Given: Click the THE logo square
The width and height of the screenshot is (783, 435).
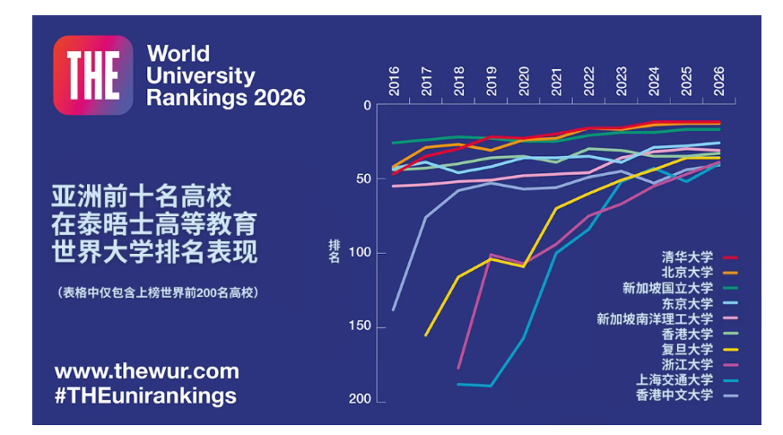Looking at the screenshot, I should [92, 74].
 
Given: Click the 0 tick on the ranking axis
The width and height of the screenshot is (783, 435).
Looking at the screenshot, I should [366, 106].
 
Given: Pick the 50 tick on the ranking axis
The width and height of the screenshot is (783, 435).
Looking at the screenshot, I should [362, 179].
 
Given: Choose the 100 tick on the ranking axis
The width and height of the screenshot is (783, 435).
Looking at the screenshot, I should [359, 254].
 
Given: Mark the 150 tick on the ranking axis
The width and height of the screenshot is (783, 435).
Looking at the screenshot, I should [359, 327].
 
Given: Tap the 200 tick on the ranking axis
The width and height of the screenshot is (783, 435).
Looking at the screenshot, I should [359, 401].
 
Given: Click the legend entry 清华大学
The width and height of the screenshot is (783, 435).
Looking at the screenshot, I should [687, 257].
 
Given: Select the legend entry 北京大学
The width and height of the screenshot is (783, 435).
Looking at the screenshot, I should [687, 273].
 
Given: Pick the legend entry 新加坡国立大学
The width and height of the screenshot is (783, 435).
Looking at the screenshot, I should [667, 288].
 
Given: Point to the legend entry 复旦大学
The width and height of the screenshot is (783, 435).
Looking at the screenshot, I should [687, 349].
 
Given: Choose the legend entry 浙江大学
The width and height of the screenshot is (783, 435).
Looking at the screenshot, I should [687, 364].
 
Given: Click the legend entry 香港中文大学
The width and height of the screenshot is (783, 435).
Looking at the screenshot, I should [674, 395].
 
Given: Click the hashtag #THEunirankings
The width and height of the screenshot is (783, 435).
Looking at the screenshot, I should [145, 396].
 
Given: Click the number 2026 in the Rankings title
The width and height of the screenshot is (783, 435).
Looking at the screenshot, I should [274, 97].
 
